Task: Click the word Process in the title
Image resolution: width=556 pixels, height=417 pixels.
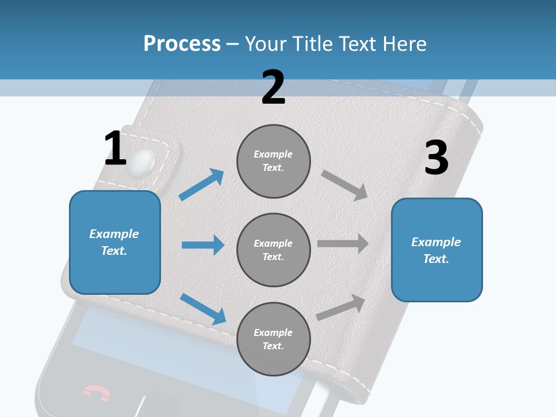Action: click(182, 43)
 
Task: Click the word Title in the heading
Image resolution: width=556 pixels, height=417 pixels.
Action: click(311, 43)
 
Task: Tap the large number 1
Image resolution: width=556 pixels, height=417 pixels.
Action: click(115, 149)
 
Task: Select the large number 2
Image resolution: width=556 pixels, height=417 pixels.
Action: click(273, 87)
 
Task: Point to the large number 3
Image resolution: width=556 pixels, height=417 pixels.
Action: click(436, 158)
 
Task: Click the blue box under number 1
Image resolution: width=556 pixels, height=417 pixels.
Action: click(115, 242)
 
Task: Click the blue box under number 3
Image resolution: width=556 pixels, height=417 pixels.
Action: click(437, 250)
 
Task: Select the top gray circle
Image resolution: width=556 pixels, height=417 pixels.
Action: click(273, 161)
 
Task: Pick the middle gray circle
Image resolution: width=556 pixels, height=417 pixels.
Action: click(273, 250)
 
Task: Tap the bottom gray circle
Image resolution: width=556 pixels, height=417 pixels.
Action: click(273, 339)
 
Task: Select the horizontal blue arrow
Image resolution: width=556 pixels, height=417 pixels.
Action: click(203, 245)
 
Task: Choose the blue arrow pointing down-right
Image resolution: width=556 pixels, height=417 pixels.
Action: click(203, 309)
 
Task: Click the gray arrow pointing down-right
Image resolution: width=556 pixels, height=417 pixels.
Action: click(345, 185)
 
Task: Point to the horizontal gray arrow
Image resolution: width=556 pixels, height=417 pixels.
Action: click(343, 244)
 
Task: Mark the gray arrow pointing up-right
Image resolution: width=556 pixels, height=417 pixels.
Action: click(341, 307)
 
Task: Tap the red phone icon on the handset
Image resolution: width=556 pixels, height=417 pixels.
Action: click(96, 393)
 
